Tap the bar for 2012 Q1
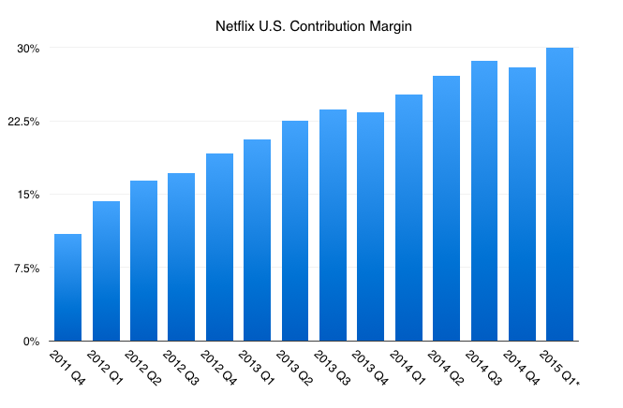(106, 271)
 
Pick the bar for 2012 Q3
(181, 257)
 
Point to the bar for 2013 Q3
(333, 226)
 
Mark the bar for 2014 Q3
(483, 201)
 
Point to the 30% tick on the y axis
(27, 48)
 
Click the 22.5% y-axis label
(22, 122)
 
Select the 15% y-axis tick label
(27, 195)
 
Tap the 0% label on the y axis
(30, 342)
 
